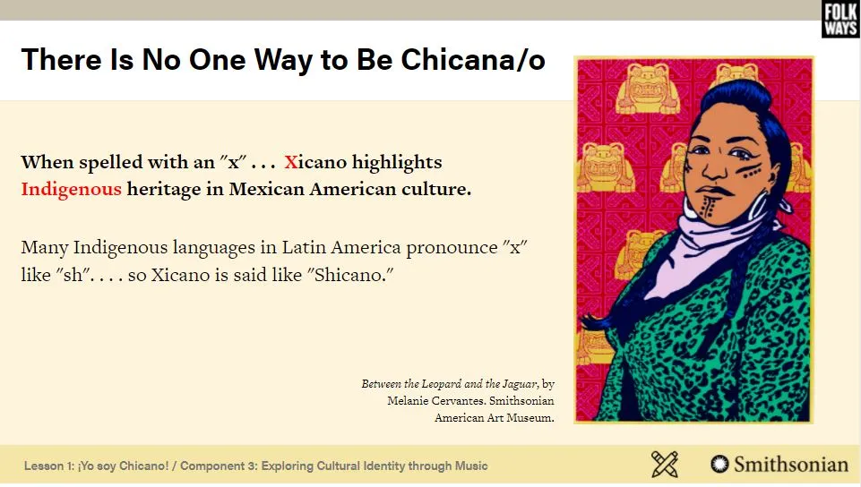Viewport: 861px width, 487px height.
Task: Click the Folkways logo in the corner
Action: [840, 19]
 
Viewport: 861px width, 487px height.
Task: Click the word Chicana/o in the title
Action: [473, 60]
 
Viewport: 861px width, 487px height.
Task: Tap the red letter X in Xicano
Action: [290, 162]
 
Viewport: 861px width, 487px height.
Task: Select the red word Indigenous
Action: [71, 189]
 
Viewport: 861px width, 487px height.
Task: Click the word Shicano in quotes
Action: [353, 274]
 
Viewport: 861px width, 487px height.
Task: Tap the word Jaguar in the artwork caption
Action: [519, 384]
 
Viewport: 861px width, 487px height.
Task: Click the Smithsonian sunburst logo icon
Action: [719, 464]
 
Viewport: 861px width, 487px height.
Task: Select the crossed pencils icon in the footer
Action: [665, 464]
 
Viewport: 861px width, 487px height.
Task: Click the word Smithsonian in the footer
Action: [791, 465]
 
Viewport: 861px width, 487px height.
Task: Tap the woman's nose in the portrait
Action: [714, 167]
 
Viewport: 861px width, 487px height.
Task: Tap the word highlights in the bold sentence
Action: [397, 163]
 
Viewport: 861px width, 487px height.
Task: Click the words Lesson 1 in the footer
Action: [47, 466]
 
